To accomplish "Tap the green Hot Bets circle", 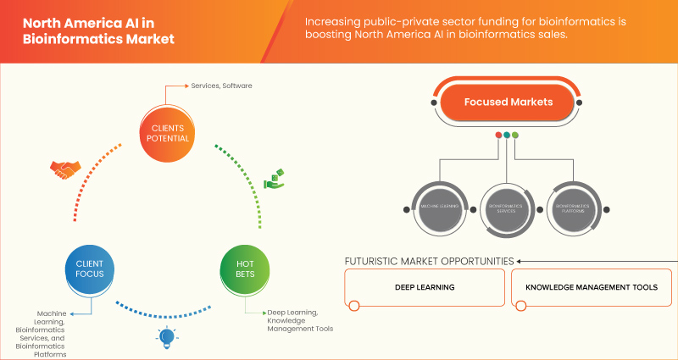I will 243,269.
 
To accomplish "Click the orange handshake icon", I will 63,169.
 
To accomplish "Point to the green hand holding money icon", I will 274,178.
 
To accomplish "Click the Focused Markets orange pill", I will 508,102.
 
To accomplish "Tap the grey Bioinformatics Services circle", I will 507,206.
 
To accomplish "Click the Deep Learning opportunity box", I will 425,288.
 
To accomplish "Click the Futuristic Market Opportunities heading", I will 429,261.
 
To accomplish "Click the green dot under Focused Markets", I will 515,135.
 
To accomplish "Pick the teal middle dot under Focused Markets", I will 507,135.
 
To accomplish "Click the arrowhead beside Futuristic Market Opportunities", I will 520,261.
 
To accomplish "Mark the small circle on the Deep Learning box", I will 354,306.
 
